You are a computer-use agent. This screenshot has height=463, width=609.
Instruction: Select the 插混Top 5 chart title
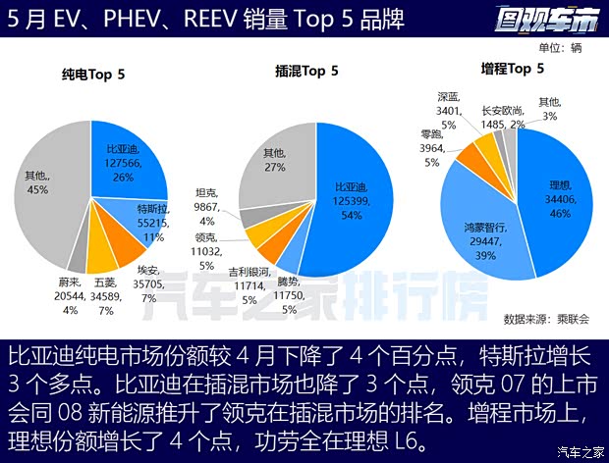click(x=306, y=71)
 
